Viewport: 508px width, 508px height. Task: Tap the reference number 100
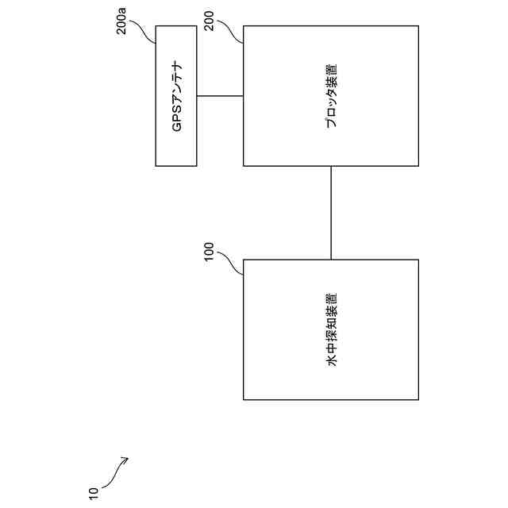click(x=210, y=253)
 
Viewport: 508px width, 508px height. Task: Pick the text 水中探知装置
click(x=331, y=329)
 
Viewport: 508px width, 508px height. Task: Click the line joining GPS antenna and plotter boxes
click(x=220, y=96)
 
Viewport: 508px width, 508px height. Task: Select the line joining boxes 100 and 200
click(x=331, y=213)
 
